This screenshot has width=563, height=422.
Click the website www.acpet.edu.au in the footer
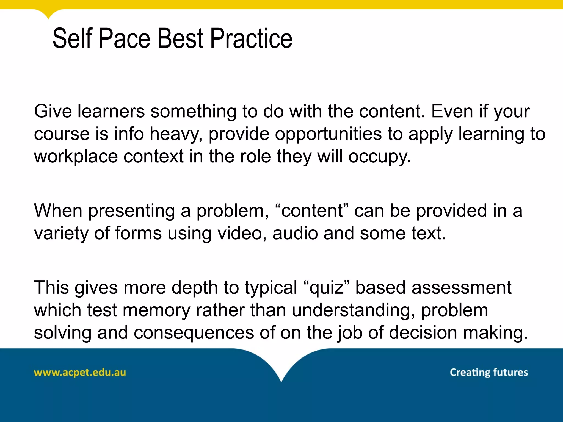click(80, 373)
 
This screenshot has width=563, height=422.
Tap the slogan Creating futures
click(489, 372)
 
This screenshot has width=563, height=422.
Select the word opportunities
click(328, 134)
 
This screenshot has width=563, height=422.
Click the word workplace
click(76, 157)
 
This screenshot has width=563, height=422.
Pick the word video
click(242, 233)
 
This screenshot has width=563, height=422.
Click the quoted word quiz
click(327, 288)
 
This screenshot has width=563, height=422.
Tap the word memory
click(156, 310)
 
